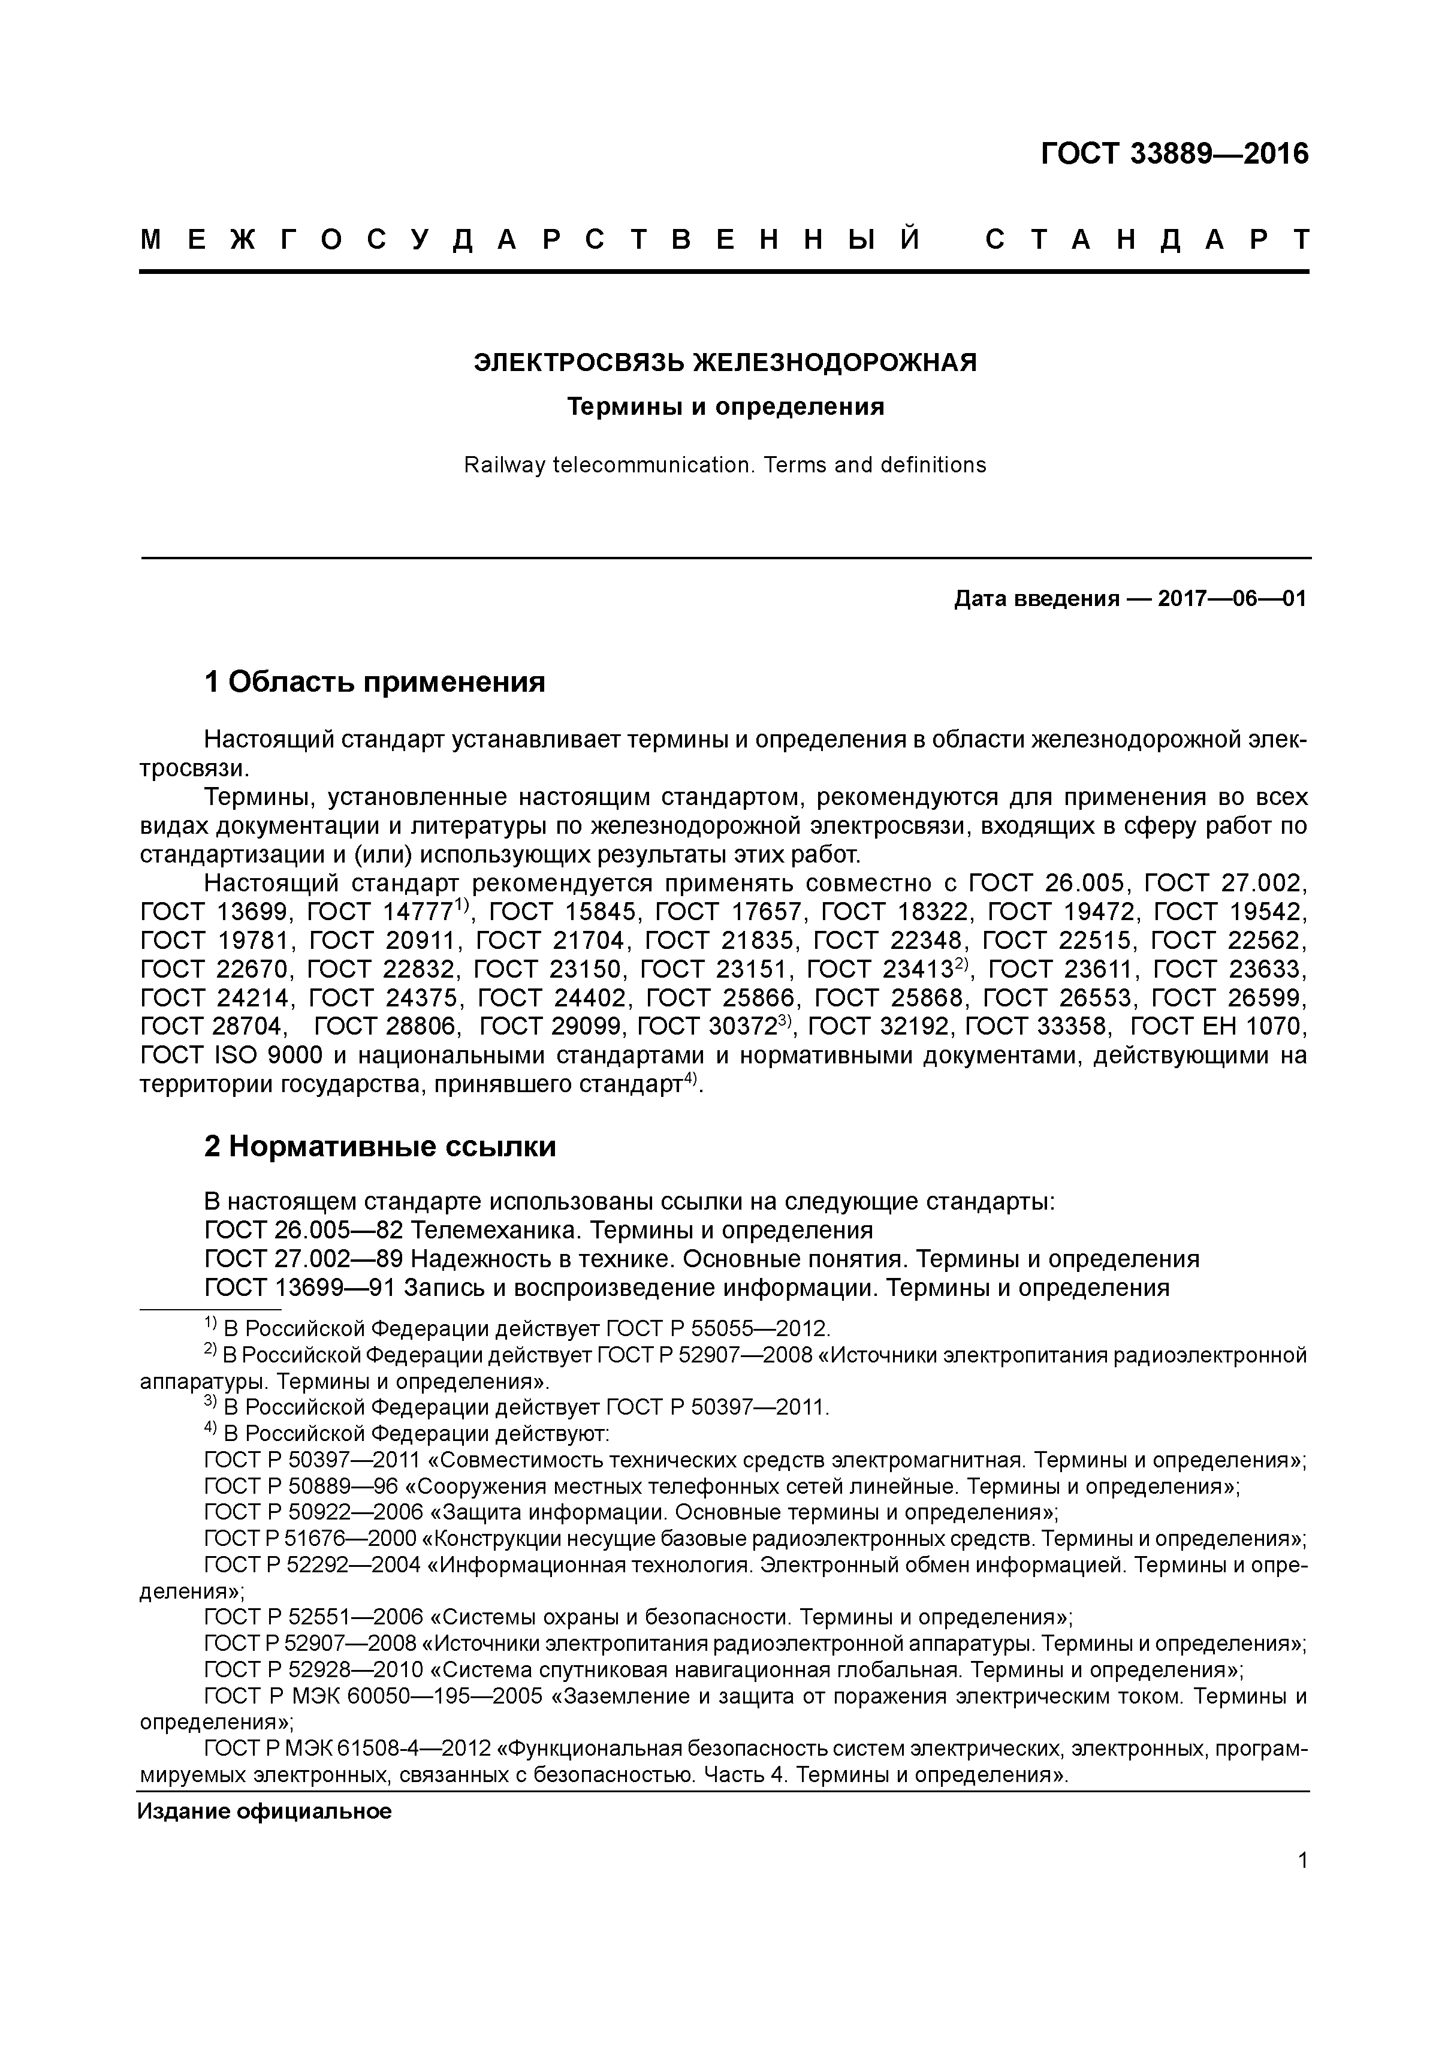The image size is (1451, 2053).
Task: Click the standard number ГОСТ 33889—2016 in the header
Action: coord(1174,154)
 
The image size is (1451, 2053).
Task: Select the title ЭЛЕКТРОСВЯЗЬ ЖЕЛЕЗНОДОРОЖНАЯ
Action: coord(725,363)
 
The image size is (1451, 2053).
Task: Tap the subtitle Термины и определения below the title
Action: coord(725,408)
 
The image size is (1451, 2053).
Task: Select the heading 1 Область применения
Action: coord(375,682)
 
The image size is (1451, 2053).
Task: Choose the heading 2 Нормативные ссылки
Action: coord(380,1146)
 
